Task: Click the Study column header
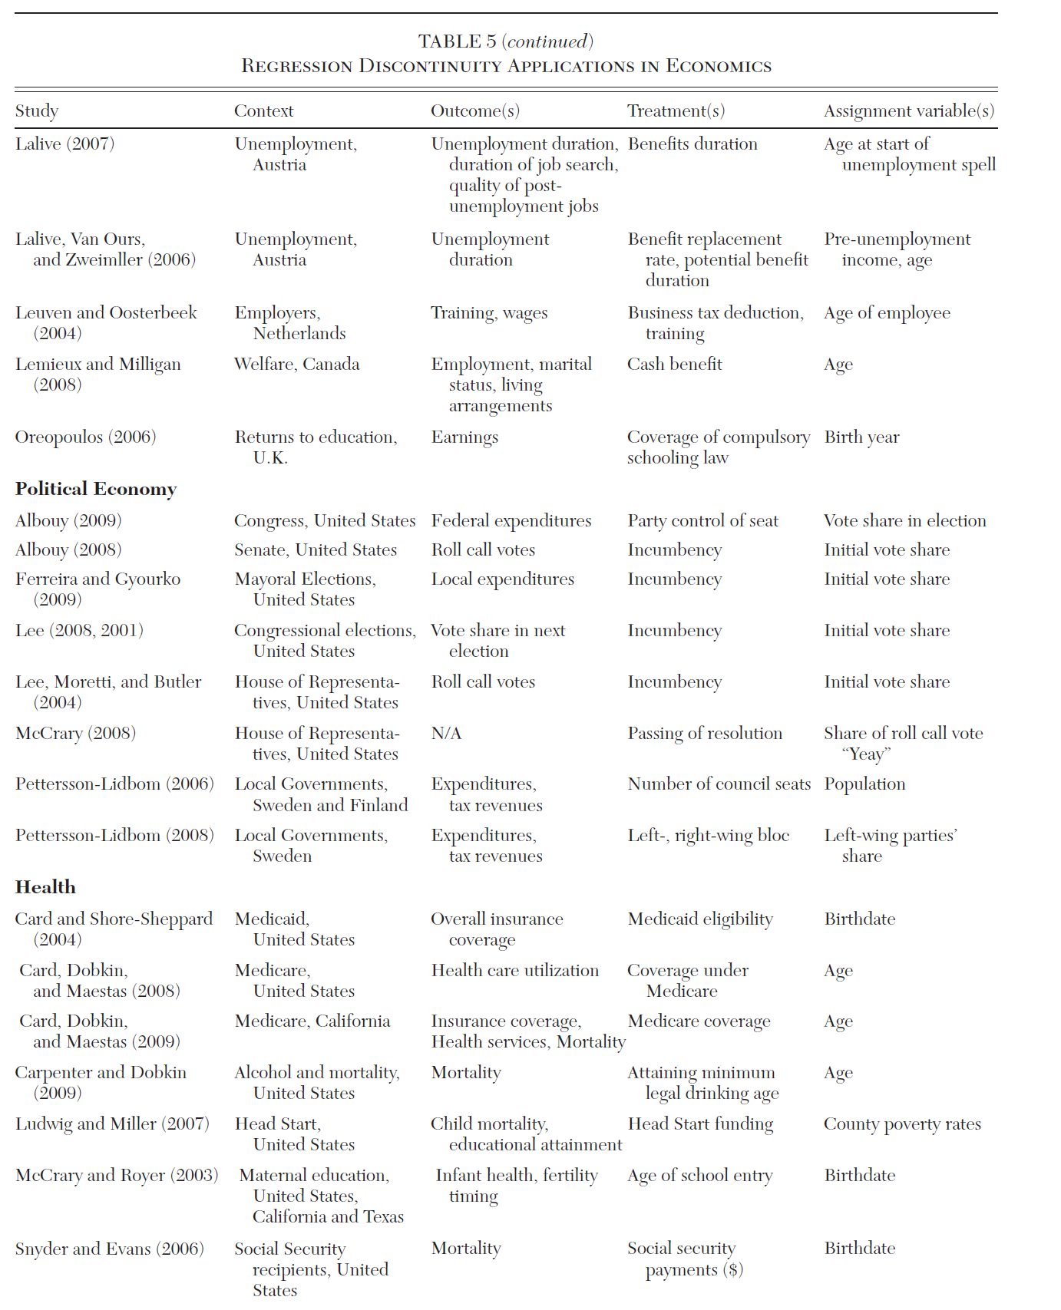pos(37,111)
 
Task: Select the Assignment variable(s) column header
pos(909,111)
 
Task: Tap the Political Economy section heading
pos(96,489)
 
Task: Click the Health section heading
pos(45,887)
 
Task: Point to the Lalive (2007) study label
pos(64,144)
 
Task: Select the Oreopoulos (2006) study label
pos(85,437)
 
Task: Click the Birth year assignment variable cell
pos(861,437)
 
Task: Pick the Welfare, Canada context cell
pos(296,365)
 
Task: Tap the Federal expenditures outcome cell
pos(511,521)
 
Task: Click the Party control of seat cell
pos(702,521)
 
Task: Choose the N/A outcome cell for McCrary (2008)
pos(446,734)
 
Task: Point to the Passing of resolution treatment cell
pos(705,734)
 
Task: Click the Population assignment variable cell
pos(864,784)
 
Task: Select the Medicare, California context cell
pos(312,1021)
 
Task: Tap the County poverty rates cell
pos(902,1124)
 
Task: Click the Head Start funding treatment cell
pos(700,1124)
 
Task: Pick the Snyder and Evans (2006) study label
pos(109,1249)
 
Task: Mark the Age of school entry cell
pos(699,1176)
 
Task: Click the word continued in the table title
pos(547,41)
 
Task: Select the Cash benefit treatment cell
pos(674,365)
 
